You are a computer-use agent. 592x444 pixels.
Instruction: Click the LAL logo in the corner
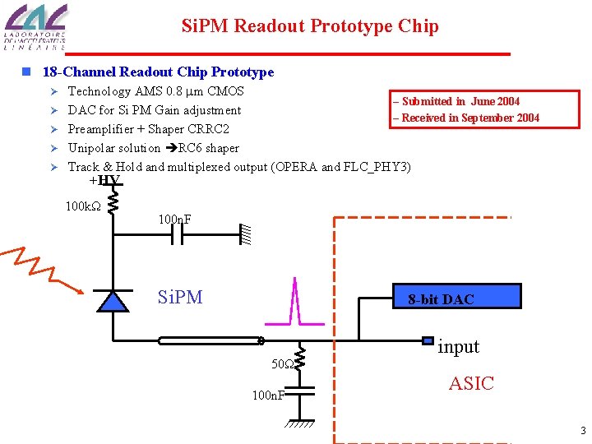35,28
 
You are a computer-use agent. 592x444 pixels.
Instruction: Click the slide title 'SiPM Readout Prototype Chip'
310,26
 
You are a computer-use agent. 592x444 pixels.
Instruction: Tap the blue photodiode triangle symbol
113,301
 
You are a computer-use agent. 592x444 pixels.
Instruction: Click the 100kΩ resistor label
82,205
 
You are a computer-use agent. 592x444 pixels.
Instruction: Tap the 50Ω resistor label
282,363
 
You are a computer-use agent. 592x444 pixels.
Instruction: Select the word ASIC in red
471,383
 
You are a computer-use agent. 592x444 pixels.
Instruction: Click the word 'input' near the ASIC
458,347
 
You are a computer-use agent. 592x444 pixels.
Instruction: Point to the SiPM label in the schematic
179,297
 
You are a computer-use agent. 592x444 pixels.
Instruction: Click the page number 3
582,431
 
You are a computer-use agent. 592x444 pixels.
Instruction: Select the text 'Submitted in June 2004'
457,101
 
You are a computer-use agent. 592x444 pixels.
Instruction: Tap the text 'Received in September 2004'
467,118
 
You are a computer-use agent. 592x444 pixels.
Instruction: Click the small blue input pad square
427,340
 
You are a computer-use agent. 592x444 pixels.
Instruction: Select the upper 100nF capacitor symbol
176,237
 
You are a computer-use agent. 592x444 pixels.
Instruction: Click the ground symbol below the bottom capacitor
302,426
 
